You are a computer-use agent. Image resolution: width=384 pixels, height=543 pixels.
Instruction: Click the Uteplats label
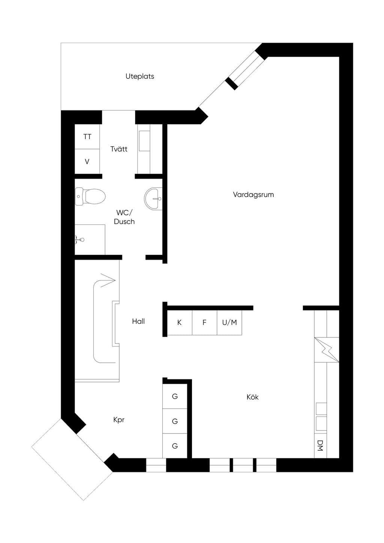139,76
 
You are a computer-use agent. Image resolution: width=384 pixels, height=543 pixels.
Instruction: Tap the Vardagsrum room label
253,194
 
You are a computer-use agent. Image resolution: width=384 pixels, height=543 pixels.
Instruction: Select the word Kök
252,397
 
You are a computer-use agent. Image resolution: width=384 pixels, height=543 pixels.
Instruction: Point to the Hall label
138,321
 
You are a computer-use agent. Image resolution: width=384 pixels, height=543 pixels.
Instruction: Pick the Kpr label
119,420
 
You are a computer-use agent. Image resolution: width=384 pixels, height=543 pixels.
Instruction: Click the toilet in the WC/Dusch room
90,196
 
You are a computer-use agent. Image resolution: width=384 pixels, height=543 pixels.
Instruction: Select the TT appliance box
87,137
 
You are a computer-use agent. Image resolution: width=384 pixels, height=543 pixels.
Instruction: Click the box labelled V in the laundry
87,162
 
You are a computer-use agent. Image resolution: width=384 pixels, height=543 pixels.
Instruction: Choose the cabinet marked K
180,322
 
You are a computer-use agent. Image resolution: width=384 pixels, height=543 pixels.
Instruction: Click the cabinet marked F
205,322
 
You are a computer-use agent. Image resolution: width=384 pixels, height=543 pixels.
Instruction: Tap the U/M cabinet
229,322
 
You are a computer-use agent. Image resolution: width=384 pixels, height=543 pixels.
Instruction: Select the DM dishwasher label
320,445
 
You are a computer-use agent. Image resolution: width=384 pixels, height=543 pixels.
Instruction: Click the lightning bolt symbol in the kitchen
327,350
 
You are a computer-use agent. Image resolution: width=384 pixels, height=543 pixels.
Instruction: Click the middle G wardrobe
175,421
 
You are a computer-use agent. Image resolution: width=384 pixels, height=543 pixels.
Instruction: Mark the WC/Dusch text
124,217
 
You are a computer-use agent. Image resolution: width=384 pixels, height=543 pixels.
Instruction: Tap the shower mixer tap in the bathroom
79,240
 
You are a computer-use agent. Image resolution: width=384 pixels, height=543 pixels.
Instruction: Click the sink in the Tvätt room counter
144,141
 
